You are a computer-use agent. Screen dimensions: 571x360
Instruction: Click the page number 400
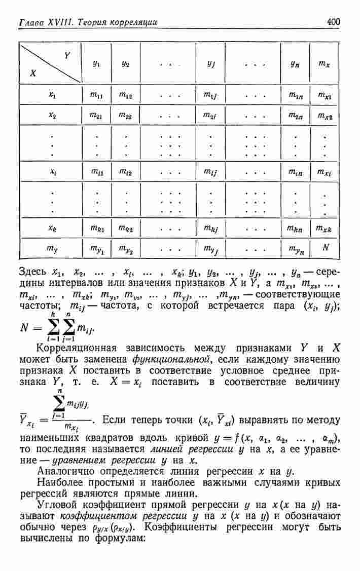[334, 22]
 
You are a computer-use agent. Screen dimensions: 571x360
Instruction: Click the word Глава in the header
[29, 22]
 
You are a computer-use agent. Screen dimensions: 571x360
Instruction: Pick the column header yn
[295, 64]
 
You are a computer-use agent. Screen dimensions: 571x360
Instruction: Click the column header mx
[325, 64]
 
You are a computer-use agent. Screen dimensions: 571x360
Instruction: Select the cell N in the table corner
[326, 248]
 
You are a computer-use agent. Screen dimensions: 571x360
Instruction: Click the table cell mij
[210, 173]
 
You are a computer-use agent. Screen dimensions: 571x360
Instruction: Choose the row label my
[51, 248]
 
